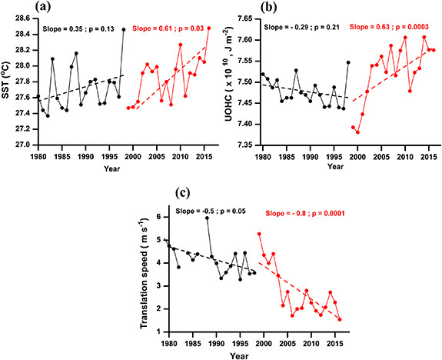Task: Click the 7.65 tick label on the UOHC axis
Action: [x=245, y=18]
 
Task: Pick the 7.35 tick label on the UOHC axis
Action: [x=245, y=145]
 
